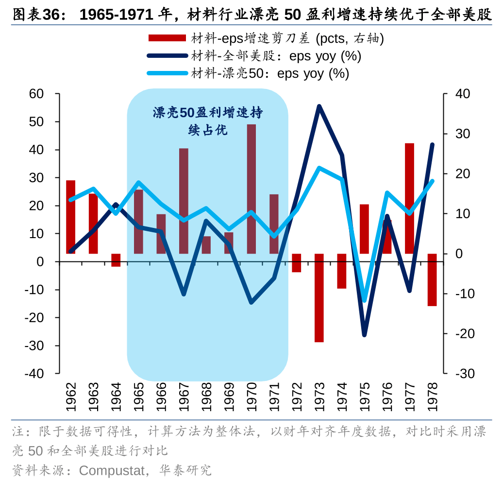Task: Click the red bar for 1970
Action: (x=251, y=189)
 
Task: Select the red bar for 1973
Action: (x=319, y=298)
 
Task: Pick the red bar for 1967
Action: (x=184, y=201)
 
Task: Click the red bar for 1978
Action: (x=432, y=280)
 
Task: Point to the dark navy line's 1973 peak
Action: (x=319, y=106)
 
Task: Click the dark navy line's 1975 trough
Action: (x=364, y=335)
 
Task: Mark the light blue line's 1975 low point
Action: (x=365, y=301)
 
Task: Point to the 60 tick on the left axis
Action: (x=37, y=94)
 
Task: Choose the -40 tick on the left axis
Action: (x=34, y=374)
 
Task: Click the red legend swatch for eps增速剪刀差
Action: (x=167, y=38)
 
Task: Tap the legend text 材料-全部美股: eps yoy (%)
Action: (x=276, y=56)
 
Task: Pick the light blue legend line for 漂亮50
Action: (x=167, y=73)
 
